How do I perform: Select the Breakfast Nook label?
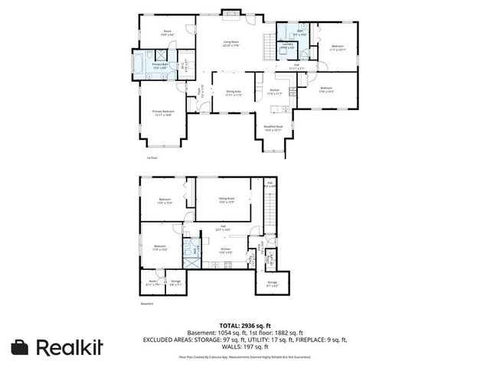274,128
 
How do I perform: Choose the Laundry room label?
288,45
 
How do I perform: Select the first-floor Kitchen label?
275,91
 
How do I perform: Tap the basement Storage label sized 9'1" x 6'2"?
273,284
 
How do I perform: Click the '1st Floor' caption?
152,158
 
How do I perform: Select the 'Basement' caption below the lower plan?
147,304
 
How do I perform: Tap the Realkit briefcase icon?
21,346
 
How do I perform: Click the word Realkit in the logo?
70,346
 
